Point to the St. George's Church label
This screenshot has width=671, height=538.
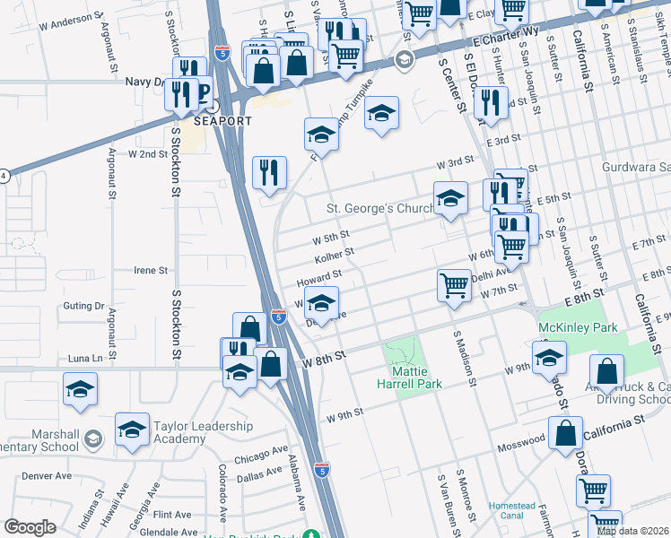point(379,209)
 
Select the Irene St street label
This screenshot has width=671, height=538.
point(150,270)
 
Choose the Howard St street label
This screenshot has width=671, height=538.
point(326,275)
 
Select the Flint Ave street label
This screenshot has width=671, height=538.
point(171,515)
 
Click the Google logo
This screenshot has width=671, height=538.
point(30,527)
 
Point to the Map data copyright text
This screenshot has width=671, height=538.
point(632,531)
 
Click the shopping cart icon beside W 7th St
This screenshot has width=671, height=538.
point(455,285)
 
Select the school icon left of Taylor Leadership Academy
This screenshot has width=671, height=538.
point(132,429)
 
